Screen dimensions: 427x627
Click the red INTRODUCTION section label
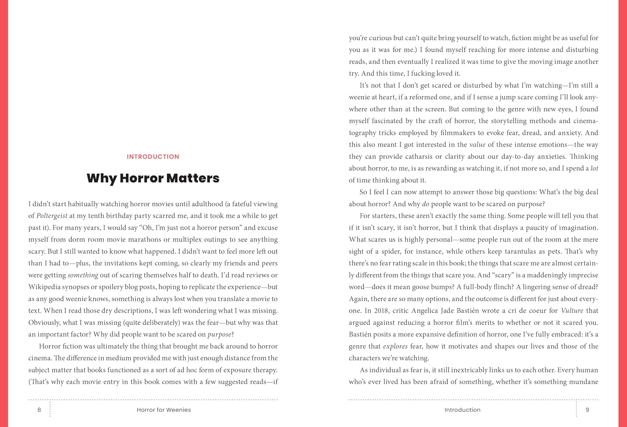(x=153, y=157)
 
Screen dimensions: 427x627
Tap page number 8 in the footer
(x=39, y=410)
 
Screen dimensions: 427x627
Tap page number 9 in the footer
(x=587, y=410)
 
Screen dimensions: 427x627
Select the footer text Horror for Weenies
(x=164, y=410)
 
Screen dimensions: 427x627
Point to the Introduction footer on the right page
(x=462, y=410)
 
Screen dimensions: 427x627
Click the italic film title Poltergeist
(x=52, y=216)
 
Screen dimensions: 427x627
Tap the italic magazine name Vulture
(x=572, y=311)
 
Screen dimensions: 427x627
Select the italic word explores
(x=395, y=346)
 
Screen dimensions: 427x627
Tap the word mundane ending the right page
(x=582, y=382)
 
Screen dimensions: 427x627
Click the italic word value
(x=477, y=145)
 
